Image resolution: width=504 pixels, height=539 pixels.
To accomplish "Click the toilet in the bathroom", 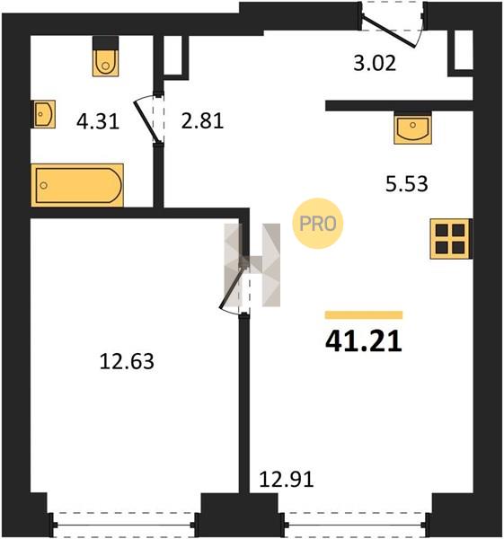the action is [x=105, y=63].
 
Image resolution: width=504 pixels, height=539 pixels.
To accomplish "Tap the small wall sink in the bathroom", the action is [x=44, y=114].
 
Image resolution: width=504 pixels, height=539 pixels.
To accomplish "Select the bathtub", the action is [x=77, y=185].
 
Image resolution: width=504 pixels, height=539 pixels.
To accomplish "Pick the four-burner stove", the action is [x=450, y=239].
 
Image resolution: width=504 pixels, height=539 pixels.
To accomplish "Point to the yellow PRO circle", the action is [x=318, y=223].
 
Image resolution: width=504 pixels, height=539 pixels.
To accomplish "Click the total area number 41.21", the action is [x=363, y=341].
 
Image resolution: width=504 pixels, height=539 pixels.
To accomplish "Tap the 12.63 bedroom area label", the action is [x=127, y=362].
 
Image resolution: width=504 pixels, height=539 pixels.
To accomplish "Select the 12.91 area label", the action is [x=286, y=479].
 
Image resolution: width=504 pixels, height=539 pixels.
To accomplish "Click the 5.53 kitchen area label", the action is [x=407, y=183].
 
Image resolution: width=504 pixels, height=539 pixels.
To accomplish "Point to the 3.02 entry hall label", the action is [x=375, y=63].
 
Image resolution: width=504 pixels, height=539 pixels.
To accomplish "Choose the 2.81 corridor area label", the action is [x=202, y=120].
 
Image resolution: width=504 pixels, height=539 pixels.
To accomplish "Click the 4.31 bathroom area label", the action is [x=98, y=121].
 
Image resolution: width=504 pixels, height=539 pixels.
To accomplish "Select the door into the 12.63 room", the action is [x=235, y=286].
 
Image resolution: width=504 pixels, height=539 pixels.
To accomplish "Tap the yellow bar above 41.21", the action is [x=364, y=315].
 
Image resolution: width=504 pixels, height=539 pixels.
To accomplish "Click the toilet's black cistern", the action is [x=105, y=43].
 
